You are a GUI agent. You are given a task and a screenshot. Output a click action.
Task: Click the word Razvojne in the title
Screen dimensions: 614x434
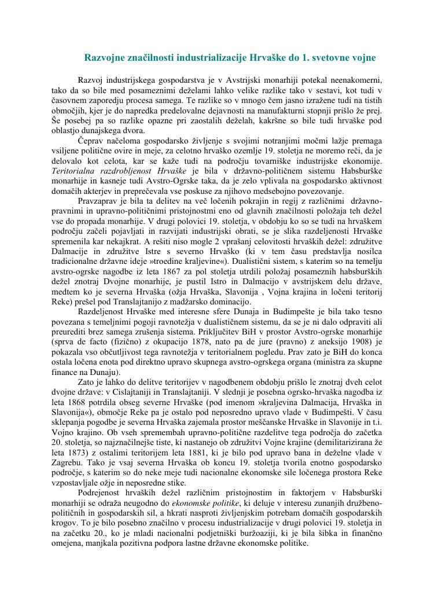106,58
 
